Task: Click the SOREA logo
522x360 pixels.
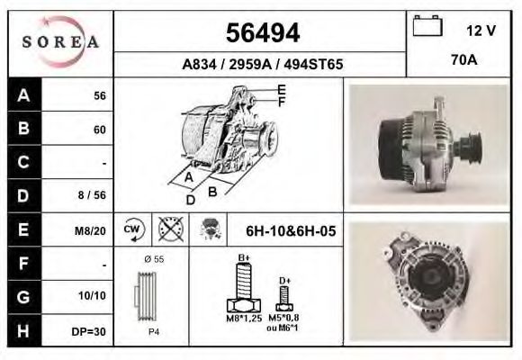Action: pos(60,42)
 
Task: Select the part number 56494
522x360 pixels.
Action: pos(261,33)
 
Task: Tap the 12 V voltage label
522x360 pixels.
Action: pos(481,30)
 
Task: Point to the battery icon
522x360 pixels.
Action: pos(425,28)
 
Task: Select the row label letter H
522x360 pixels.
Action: pos(23,330)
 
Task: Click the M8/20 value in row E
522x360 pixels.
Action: pos(91,231)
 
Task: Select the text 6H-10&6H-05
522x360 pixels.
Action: pos(291,231)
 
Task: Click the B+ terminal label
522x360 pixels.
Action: pos(243,258)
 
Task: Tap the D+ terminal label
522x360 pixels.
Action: pos(284,281)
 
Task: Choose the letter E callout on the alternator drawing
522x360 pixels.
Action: pos(282,89)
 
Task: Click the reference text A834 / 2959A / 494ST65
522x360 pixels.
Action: pos(261,65)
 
